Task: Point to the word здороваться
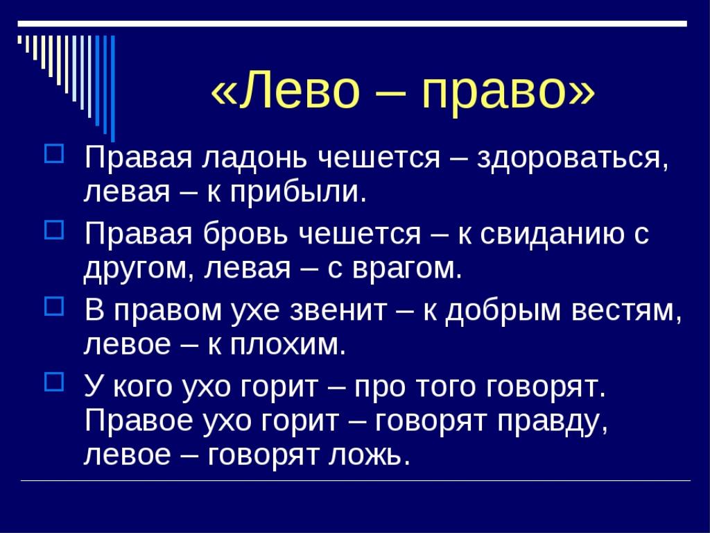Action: point(572,160)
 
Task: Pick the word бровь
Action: point(245,234)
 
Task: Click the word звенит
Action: point(338,311)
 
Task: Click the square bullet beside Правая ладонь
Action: point(54,153)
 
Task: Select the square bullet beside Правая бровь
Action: point(54,229)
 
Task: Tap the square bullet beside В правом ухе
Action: point(54,305)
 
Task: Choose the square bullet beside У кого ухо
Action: point(54,382)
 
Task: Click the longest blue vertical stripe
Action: point(113,88)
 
